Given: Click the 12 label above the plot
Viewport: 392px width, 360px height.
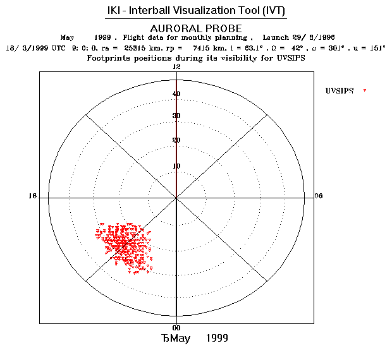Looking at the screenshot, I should point(177,67).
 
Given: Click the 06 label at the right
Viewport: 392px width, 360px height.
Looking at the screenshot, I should point(319,196).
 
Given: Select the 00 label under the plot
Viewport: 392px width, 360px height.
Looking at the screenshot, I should point(176,328).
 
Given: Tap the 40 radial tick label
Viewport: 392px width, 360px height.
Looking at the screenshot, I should point(176,94).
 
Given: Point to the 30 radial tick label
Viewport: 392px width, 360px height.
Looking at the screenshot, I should point(176,116).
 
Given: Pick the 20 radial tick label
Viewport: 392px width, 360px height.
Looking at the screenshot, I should point(176,140).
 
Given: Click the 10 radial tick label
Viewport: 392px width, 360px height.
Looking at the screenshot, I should point(176,166).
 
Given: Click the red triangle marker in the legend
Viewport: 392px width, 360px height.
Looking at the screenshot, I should point(365,92).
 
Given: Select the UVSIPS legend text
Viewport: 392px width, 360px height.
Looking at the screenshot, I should point(340,91).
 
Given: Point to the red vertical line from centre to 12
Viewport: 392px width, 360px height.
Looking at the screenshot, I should point(176,139).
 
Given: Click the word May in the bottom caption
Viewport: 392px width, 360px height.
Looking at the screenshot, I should point(180,338).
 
